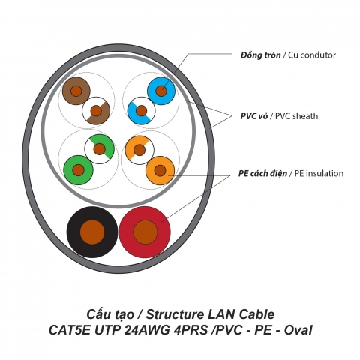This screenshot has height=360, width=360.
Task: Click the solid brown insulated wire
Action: pos(76,91)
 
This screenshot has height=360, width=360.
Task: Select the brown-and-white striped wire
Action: pos(96,112)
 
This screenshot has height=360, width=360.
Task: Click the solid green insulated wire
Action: pos(77,166)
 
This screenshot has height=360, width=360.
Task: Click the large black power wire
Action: pos(92,232)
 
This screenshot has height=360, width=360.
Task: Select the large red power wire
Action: pos(145,232)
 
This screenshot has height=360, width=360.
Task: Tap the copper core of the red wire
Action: pos(145,232)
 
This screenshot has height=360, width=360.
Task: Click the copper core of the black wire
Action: pos(92,232)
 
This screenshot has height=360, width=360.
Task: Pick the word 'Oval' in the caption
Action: pos(296,329)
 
